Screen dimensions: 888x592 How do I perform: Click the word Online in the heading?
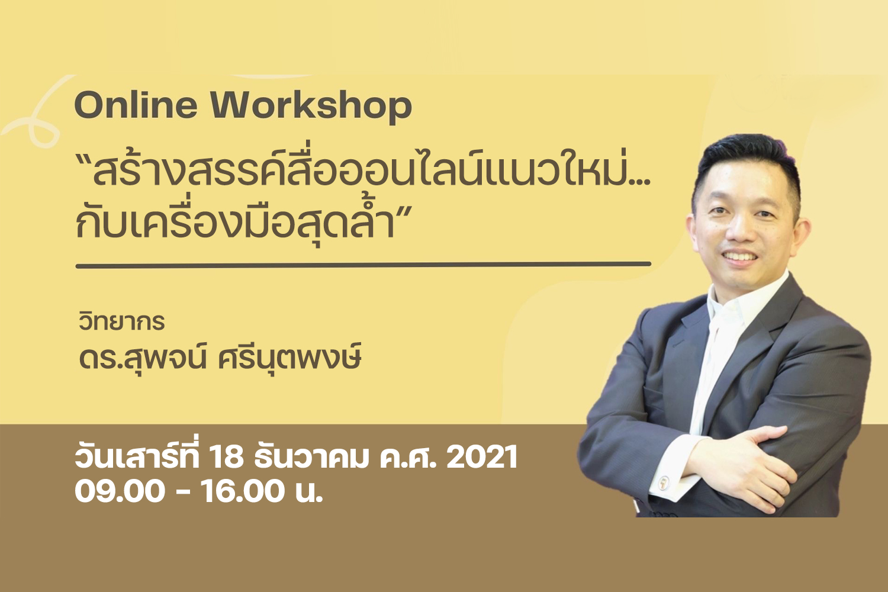pyautogui.click(x=136, y=105)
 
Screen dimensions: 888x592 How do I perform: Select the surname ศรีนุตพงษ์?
pyautogui.click(x=289, y=358)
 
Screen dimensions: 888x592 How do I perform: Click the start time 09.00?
pyautogui.click(x=120, y=491)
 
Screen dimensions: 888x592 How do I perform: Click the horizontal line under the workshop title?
pyautogui.click(x=363, y=265)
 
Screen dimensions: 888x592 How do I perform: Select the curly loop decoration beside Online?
pyautogui.click(x=36, y=115)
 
